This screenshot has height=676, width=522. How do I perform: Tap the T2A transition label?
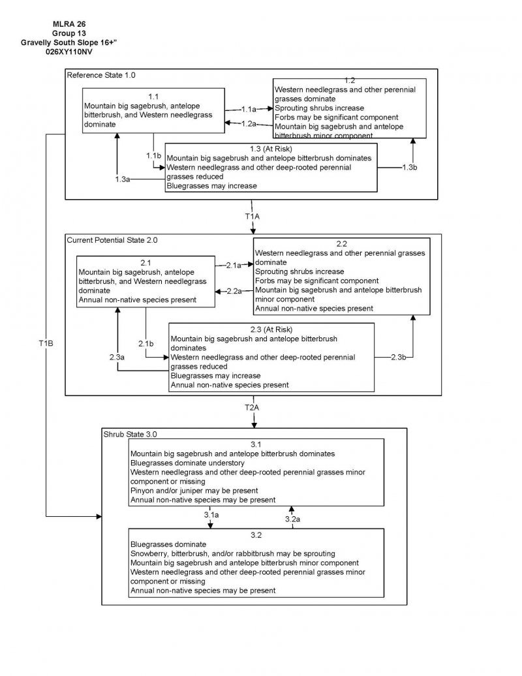tap(252, 407)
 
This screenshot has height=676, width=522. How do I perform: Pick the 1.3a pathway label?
tap(123, 179)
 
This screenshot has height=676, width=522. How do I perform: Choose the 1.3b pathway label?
tap(409, 168)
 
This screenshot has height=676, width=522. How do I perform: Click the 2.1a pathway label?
tap(234, 265)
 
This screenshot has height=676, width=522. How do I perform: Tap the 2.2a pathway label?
tap(234, 290)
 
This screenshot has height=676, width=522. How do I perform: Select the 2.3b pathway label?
tap(399, 357)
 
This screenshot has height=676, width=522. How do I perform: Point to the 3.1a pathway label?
tap(211, 515)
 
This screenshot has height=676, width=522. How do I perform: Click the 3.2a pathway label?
tap(292, 519)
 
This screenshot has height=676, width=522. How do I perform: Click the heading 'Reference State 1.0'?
tap(101, 76)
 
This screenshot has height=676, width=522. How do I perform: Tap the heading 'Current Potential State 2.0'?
tap(112, 240)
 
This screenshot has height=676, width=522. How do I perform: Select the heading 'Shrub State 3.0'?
tap(130, 433)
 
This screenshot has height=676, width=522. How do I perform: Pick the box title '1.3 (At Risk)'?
tap(271, 148)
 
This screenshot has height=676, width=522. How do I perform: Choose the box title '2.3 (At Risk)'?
tap(271, 329)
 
